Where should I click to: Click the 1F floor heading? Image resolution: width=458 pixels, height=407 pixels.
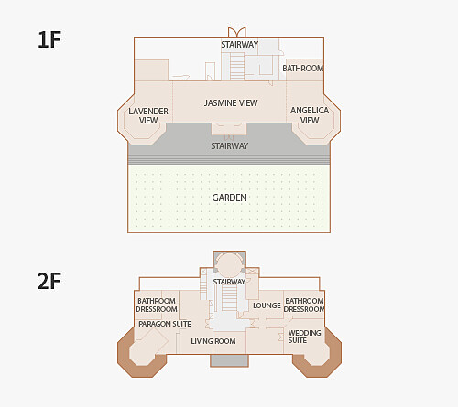pos(49,39)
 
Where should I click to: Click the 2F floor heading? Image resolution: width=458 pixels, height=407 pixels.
pos(49,281)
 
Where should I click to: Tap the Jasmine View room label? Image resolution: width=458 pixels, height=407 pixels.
pos(231,103)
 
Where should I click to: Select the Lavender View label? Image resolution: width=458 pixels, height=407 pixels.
pos(148,115)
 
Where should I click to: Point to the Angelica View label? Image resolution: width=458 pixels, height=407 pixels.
pos(310,115)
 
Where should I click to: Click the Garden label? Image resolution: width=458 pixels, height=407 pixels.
pos(229,198)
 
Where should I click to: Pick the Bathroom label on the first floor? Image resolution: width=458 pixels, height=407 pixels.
pos(303,69)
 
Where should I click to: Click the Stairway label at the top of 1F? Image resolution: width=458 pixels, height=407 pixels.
pos(240,45)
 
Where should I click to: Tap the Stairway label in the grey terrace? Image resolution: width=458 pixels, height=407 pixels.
pos(230,146)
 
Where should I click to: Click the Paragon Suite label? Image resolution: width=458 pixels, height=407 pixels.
pos(165,324)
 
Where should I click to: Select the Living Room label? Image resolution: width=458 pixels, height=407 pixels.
pos(213,341)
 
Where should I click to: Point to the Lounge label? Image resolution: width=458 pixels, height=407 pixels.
pos(267,305)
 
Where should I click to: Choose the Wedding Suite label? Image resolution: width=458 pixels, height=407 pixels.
pos(304,337)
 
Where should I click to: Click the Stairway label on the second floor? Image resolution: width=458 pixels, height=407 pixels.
pos(229,282)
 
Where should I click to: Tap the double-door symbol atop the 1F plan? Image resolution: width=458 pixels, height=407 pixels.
pos(237,33)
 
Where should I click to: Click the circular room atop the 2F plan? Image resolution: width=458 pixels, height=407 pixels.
pos(229,264)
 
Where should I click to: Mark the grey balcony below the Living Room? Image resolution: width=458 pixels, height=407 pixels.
pos(229,360)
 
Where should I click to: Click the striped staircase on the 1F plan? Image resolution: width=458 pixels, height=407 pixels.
pos(237,66)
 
